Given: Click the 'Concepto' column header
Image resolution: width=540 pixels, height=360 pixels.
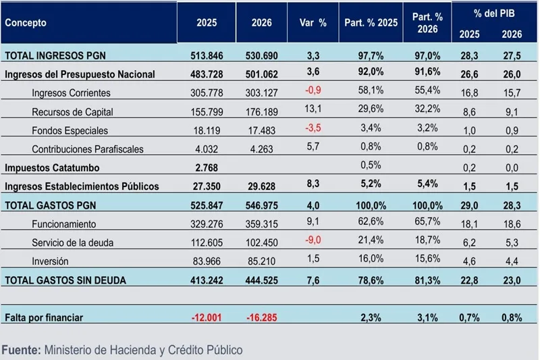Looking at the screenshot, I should pyautogui.click(x=26, y=22).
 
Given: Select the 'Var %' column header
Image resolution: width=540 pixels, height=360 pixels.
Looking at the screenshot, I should pyautogui.click(x=313, y=22).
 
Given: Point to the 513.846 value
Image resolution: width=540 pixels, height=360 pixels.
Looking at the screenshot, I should pyautogui.click(x=207, y=55).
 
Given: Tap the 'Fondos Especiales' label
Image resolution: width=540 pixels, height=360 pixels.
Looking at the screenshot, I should pyautogui.click(x=70, y=130).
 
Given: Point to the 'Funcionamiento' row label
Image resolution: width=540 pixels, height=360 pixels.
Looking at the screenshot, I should pyautogui.click(x=63, y=224).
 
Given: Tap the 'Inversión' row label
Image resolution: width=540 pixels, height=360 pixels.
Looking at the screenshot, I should pyautogui.click(x=51, y=261).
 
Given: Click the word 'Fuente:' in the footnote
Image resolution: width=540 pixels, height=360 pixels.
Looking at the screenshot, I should pyautogui.click(x=21, y=350).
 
